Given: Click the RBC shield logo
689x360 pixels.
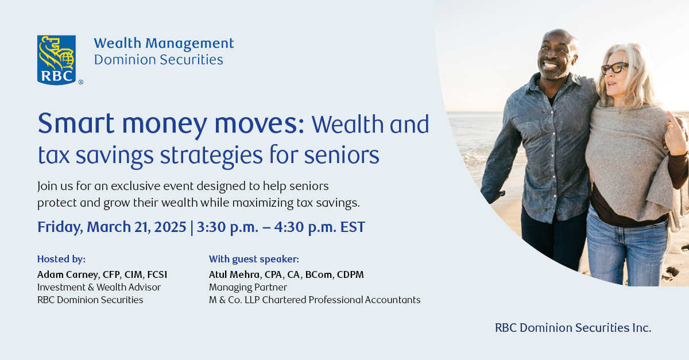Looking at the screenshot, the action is [56, 60].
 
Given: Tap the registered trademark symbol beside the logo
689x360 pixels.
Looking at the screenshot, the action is [80, 82].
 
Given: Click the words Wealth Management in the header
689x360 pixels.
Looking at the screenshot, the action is [164, 43].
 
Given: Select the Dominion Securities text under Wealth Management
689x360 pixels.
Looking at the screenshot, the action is [158, 59].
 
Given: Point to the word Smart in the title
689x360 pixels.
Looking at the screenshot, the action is [76, 123].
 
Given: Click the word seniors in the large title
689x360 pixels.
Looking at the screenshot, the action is [342, 155].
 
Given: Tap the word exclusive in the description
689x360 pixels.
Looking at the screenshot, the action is [136, 186].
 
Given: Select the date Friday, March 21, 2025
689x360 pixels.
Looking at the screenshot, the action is [111, 227].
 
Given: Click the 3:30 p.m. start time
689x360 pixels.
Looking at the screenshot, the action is [227, 227].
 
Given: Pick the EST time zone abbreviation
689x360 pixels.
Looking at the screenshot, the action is [353, 227].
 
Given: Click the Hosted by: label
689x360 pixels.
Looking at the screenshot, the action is [61, 259].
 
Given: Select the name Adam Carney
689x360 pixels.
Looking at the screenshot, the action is [68, 274].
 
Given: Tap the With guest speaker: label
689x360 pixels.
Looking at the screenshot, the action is [254, 259].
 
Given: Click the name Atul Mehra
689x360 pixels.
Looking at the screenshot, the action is [234, 274].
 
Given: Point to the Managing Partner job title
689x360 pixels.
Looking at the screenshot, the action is [248, 288].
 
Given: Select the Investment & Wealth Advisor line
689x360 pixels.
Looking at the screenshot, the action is [99, 288].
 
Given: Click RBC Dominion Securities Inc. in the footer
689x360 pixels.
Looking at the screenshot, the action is [573, 328].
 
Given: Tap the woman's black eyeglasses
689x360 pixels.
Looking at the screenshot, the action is [614, 68].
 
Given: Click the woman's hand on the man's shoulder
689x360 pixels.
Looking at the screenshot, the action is [676, 134].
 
